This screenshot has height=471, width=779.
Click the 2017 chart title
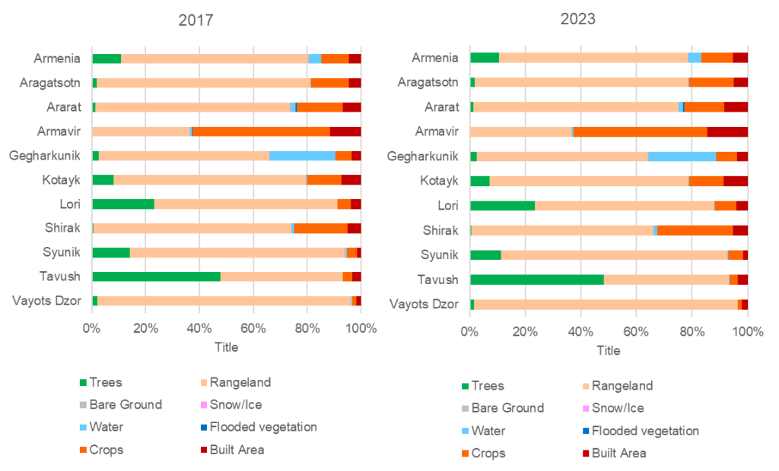(x=196, y=21)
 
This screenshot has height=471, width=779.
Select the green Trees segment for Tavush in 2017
(x=156, y=277)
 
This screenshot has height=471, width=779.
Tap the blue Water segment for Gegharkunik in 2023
(x=682, y=156)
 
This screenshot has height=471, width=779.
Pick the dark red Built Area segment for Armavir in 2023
(x=727, y=131)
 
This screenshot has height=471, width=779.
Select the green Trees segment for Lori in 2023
(x=503, y=205)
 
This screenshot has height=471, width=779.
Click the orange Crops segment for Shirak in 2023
(x=695, y=230)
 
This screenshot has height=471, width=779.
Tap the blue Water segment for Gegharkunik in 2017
(x=302, y=155)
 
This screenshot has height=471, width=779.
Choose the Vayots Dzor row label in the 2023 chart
(x=424, y=304)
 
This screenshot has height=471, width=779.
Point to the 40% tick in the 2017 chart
(x=199, y=329)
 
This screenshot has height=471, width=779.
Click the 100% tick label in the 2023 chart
(x=746, y=333)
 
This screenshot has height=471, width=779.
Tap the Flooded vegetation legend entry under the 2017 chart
(x=262, y=427)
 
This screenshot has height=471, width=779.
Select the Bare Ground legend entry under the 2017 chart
(x=125, y=405)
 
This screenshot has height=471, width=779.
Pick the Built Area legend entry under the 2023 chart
(x=618, y=454)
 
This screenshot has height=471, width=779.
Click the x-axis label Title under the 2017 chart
(x=226, y=347)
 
